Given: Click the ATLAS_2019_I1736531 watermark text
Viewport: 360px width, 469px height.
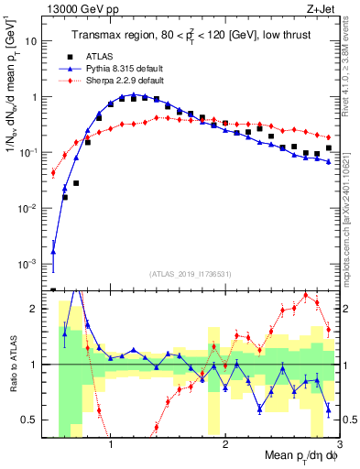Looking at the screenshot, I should coord(191,273).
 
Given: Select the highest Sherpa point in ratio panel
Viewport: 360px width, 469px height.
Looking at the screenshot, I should coord(305,295).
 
